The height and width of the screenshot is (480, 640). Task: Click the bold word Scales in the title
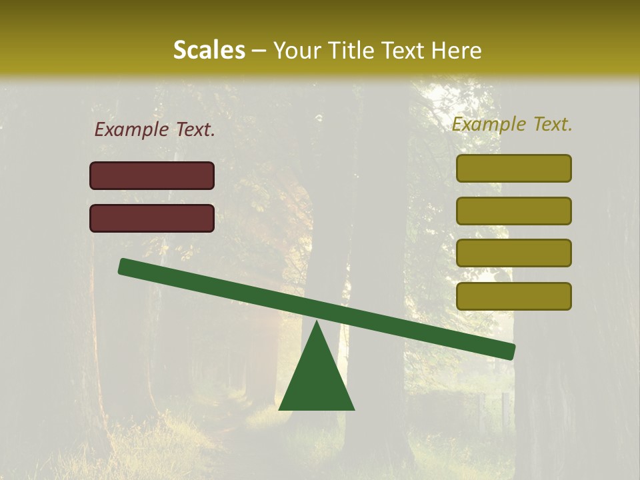tap(209, 50)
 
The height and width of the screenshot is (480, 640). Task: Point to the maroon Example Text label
tap(155, 130)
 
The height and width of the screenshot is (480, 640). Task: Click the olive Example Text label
tap(512, 124)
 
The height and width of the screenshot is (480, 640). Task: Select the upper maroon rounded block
tap(152, 175)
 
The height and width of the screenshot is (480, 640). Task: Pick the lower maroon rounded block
tap(152, 218)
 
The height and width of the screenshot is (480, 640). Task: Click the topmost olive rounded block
tap(513, 168)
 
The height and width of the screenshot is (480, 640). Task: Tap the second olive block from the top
tap(513, 211)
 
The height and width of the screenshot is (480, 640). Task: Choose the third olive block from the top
tap(513, 253)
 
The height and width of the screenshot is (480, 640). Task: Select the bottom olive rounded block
tap(513, 296)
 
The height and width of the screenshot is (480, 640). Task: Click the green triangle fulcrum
tap(317, 380)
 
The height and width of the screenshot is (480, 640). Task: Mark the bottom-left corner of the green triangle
tap(280, 409)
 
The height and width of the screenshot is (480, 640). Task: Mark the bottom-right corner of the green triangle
tap(353, 409)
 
